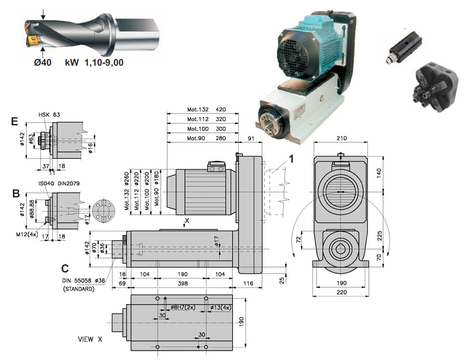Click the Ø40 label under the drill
click(43, 63)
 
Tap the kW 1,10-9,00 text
click(94, 63)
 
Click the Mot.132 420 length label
click(207, 109)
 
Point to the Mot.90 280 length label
click(207, 138)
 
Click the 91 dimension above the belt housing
click(251, 138)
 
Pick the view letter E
click(14, 121)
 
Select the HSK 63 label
click(49, 115)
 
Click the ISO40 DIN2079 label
click(59, 184)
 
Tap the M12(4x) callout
click(27, 234)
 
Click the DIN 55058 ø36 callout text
click(84, 281)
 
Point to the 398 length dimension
click(183, 283)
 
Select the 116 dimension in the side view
click(248, 283)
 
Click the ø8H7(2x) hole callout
click(183, 307)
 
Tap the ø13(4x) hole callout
click(221, 308)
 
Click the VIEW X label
click(90, 339)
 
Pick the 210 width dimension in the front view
click(341, 138)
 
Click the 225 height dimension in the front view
click(379, 237)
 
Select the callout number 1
click(292, 159)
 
